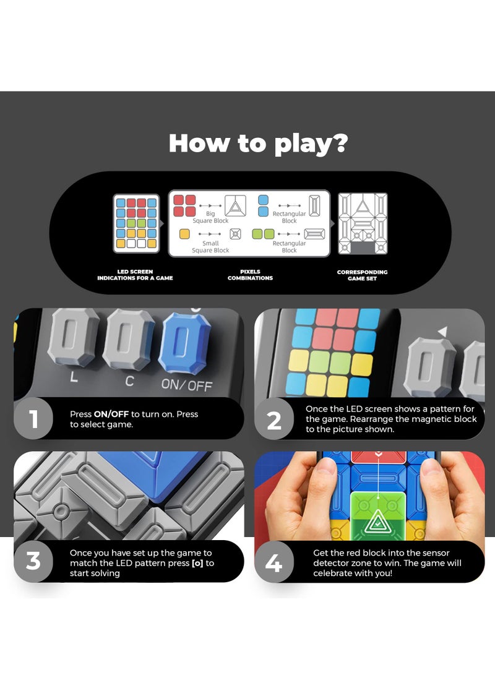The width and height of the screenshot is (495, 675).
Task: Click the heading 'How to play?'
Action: [x=258, y=143]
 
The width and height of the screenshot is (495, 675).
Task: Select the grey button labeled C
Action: [x=128, y=340]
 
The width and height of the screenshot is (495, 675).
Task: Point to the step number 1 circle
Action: [x=33, y=419]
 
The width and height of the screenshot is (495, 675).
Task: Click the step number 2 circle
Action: [x=274, y=419]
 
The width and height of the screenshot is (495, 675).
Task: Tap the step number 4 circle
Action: [x=274, y=562]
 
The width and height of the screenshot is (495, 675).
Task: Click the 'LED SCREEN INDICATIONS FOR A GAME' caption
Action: [x=135, y=275]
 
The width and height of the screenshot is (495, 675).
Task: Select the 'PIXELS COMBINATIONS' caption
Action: [x=250, y=275]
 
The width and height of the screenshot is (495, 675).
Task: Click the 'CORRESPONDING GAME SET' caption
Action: [x=363, y=275]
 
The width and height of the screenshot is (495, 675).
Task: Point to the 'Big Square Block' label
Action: [x=210, y=217]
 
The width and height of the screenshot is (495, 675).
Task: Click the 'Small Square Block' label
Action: [x=210, y=247]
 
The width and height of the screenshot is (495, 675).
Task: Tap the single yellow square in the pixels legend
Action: [x=184, y=234]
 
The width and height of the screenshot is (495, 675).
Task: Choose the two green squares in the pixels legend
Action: [x=263, y=234]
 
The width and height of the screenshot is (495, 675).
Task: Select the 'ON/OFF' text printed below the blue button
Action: [x=186, y=384]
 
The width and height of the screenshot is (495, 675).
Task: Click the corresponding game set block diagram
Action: [x=362, y=223]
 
